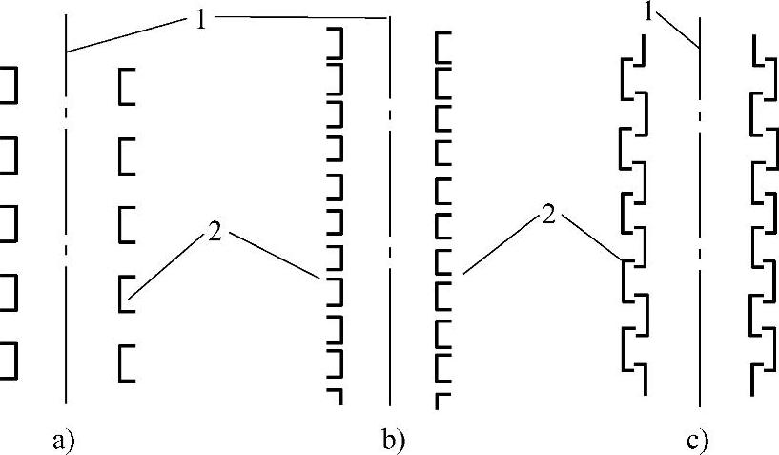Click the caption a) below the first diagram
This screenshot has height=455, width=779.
pos(63,441)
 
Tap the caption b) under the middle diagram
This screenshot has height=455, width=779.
pos(394,441)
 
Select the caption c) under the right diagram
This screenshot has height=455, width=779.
pos(697,441)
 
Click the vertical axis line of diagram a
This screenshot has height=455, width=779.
pos(65,286)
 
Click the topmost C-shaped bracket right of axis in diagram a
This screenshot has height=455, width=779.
pos(126,86)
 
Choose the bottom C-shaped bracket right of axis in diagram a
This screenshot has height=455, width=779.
pos(126,362)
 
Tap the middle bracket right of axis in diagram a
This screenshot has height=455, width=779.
pos(126,224)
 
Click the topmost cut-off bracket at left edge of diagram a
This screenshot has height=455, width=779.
pos(9,86)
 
